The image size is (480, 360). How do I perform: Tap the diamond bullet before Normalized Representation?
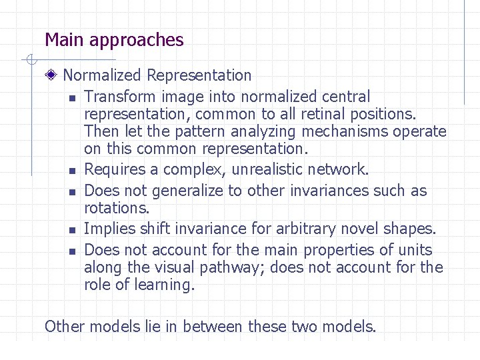pos(52,76)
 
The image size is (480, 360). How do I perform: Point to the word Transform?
pos(118,97)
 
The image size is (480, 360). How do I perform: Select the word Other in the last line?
pos(64,327)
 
